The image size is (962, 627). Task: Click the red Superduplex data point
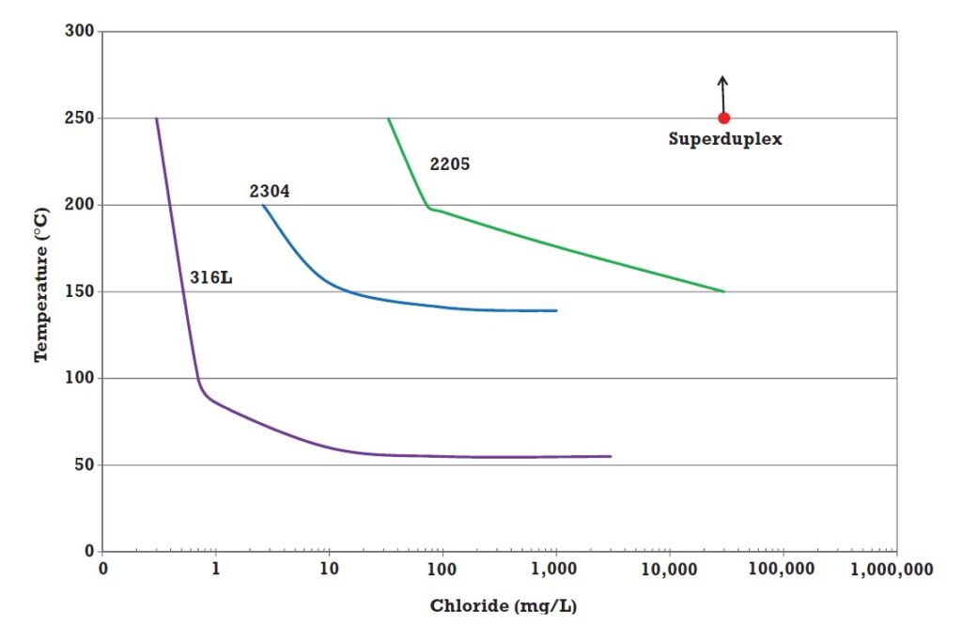(x=723, y=118)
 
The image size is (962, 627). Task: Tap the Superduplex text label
(x=725, y=139)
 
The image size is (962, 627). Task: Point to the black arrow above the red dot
(x=722, y=92)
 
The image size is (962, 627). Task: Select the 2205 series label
(x=449, y=164)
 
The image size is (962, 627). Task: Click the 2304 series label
(x=270, y=192)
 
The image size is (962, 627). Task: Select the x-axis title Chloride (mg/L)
(x=504, y=605)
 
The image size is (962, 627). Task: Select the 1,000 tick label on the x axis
(x=556, y=569)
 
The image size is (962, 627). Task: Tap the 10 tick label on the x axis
(x=329, y=569)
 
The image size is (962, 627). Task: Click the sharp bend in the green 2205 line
(x=428, y=208)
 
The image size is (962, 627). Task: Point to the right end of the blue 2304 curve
(x=556, y=310)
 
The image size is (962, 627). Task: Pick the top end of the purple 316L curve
(x=156, y=118)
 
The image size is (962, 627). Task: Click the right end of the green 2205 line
(x=724, y=291)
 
